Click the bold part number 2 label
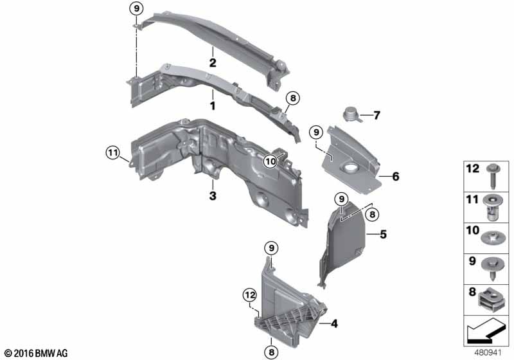click(211, 63)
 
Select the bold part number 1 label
click(211, 104)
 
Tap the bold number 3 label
click(211, 194)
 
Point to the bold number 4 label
click(334, 325)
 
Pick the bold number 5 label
click(383, 235)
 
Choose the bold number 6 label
click(396, 175)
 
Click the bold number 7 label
click(377, 116)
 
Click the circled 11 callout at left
click(113, 152)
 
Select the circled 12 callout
click(249, 295)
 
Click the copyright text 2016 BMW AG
click(35, 353)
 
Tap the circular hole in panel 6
click(353, 169)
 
